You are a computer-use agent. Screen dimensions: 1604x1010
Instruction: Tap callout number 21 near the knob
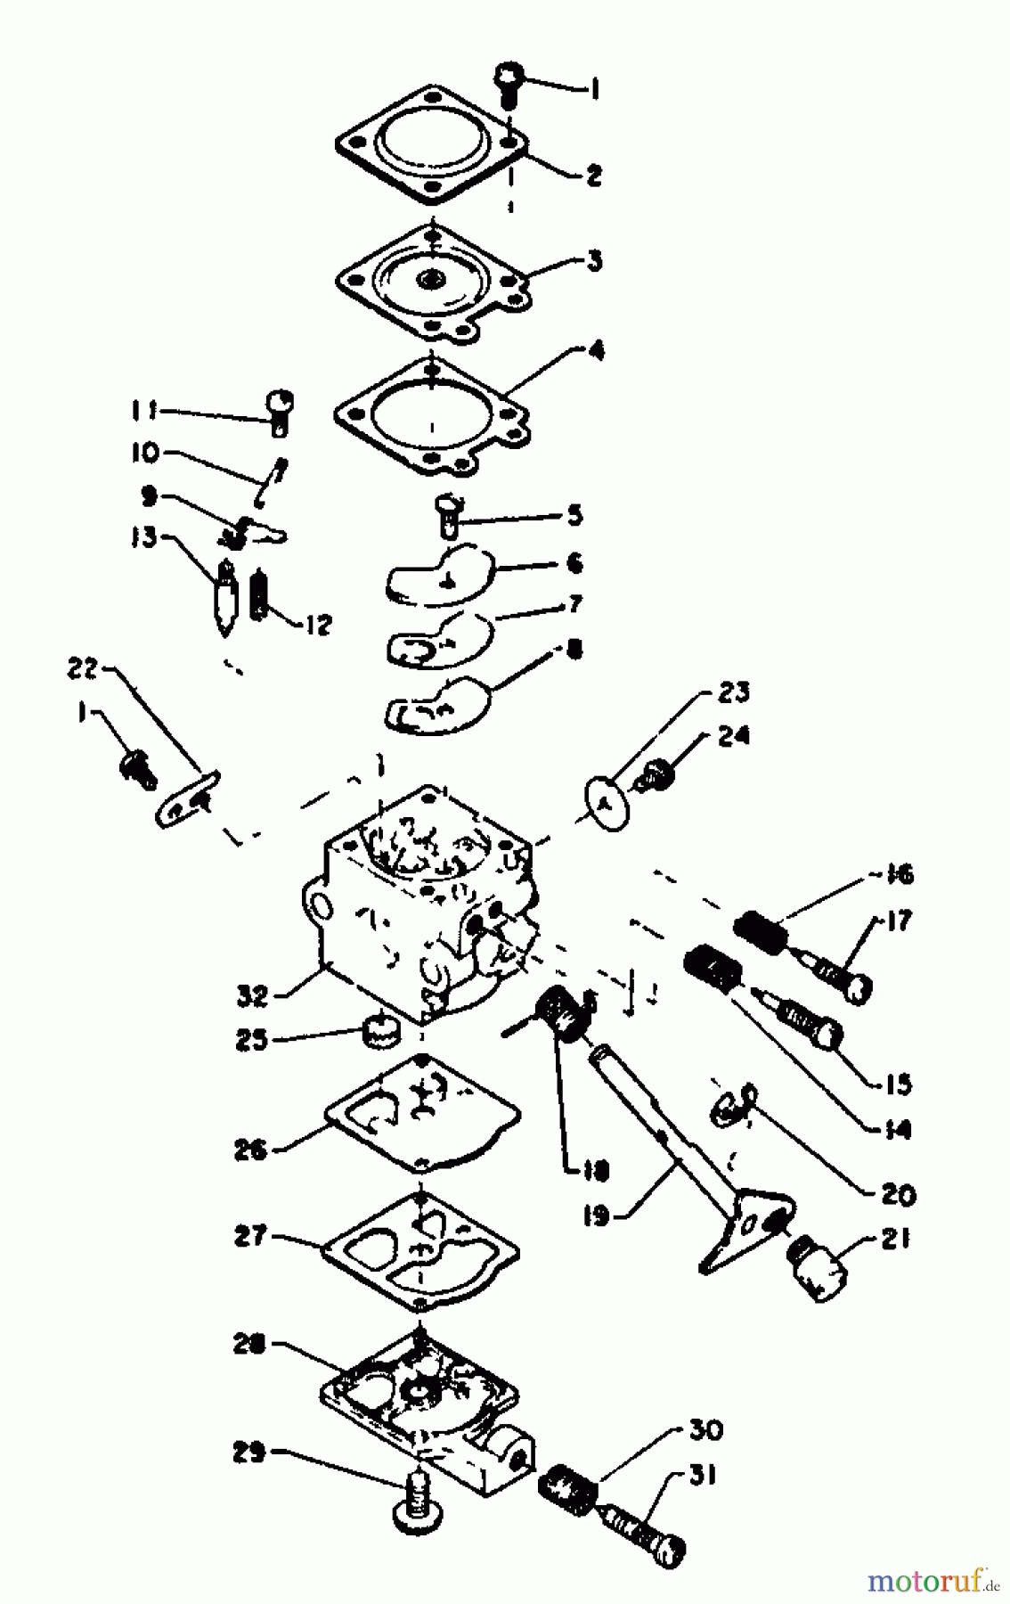[x=892, y=1238]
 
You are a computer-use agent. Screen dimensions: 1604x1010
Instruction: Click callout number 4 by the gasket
[x=594, y=351]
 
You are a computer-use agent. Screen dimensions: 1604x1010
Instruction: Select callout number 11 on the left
[x=143, y=411]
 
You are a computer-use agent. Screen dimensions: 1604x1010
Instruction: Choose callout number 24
[x=732, y=736]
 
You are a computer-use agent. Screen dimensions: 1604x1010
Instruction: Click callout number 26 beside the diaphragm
[x=251, y=1150]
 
